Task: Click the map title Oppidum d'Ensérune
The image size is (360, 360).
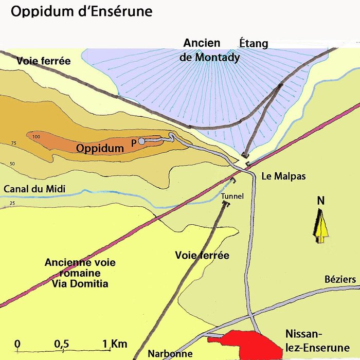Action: pyautogui.click(x=82, y=11)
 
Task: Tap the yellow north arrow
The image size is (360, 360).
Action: pyautogui.click(x=321, y=226)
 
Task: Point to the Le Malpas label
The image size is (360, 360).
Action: pyautogui.click(x=283, y=176)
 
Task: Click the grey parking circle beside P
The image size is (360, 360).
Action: pyautogui.click(x=141, y=141)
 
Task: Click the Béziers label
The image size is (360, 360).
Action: pyautogui.click(x=340, y=279)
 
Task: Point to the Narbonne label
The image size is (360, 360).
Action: pyautogui.click(x=170, y=354)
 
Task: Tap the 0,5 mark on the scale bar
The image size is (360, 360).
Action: pyautogui.click(x=62, y=344)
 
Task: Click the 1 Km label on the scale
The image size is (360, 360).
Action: pyautogui.click(x=114, y=344)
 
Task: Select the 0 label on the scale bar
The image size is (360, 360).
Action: pyautogui.click(x=17, y=344)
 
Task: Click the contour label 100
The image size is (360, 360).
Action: pyautogui.click(x=35, y=137)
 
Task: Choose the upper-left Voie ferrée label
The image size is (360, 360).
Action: pyautogui.click(x=43, y=61)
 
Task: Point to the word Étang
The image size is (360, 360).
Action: pyautogui.click(x=254, y=43)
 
